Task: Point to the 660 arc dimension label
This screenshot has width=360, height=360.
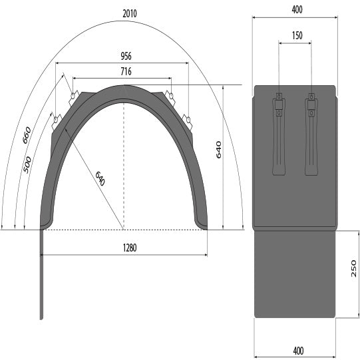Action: coord(27,135)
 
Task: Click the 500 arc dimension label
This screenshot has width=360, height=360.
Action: coord(27,164)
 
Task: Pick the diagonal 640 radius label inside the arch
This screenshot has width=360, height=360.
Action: coord(100,178)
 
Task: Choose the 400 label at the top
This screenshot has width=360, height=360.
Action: coord(296,9)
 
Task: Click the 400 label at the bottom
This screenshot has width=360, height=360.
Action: coord(297,351)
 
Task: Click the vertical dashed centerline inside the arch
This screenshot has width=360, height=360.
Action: coord(124,166)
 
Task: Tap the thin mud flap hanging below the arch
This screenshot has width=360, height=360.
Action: coord(43,279)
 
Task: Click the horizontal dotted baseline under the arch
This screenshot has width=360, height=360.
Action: coord(124,230)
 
